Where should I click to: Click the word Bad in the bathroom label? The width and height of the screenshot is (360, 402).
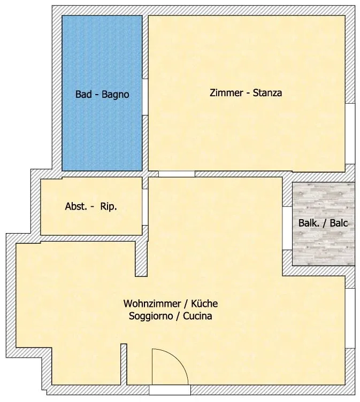tap(83, 94)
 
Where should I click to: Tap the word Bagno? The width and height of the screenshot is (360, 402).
tap(116, 95)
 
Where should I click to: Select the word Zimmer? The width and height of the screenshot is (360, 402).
tap(226, 92)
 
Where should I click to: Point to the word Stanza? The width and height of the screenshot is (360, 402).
tap(267, 92)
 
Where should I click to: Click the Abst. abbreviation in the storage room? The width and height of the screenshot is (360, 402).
tap(76, 206)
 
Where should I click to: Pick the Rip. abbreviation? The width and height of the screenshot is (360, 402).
tap(109, 207)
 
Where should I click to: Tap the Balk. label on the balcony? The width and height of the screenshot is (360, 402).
tap(309, 223)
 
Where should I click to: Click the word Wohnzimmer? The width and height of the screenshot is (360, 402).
tap(152, 304)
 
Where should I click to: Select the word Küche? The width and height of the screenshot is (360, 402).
tap(204, 304)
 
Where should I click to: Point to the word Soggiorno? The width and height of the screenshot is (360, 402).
tap(151, 316)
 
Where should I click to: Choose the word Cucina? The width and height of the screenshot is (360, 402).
tap(197, 316)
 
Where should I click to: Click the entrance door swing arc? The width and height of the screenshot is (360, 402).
tap(178, 358)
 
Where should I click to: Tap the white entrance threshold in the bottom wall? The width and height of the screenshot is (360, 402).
tap(170, 390)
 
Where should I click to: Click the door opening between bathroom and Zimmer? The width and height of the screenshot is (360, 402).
tap(145, 97)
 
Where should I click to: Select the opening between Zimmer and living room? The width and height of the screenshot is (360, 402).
tap(177, 174)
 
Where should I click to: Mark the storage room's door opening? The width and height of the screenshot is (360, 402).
tap(145, 207)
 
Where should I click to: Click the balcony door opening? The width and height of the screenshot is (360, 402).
tap(287, 228)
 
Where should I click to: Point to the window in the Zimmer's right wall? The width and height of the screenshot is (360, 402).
tap(350, 134)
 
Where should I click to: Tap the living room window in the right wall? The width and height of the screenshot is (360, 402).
tap(350, 318)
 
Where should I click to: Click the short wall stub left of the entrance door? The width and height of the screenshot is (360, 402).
tap(124, 365)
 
